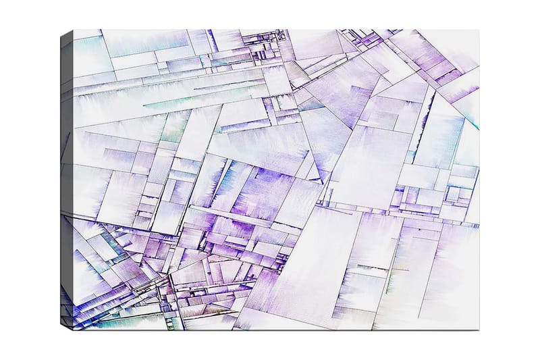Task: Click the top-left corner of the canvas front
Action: point(74,30)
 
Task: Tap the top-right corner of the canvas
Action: point(479,30)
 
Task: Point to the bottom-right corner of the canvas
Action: point(479,330)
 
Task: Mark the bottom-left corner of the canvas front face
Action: point(74,330)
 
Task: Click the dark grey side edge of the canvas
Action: point(66,176)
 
